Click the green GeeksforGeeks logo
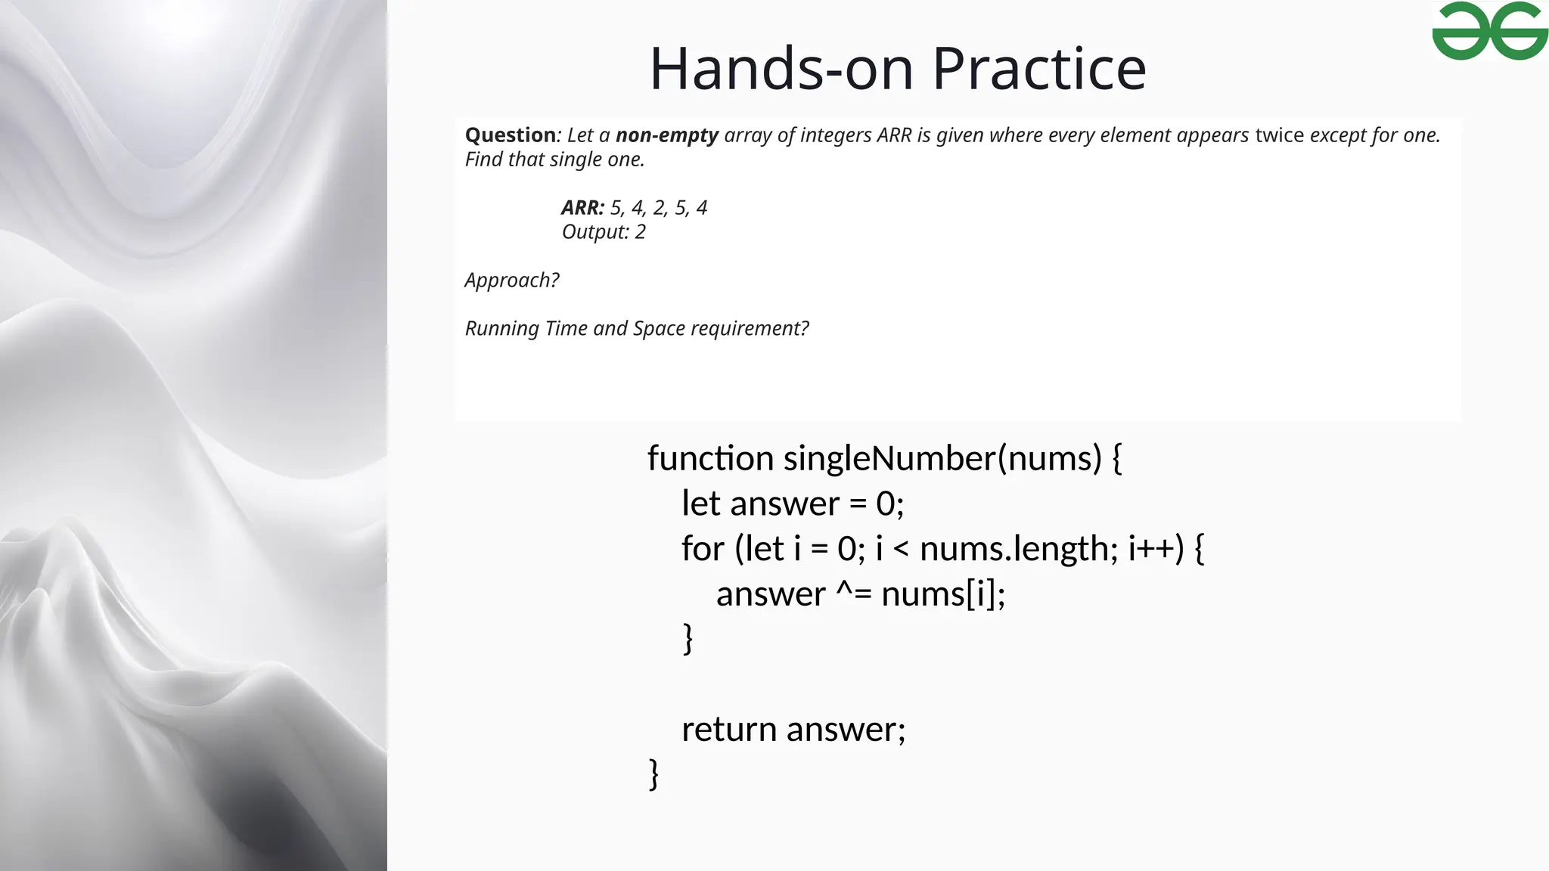(x=1489, y=31)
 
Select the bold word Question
(x=510, y=135)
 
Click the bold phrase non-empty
(x=666, y=135)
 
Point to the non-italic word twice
(x=1279, y=135)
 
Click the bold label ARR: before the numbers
(x=582, y=208)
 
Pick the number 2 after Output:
(x=640, y=232)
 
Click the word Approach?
(x=511, y=281)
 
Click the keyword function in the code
(x=710, y=458)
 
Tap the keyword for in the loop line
(x=703, y=549)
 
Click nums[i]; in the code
(x=943, y=594)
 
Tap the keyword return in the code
(x=729, y=730)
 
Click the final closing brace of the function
(x=654, y=774)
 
